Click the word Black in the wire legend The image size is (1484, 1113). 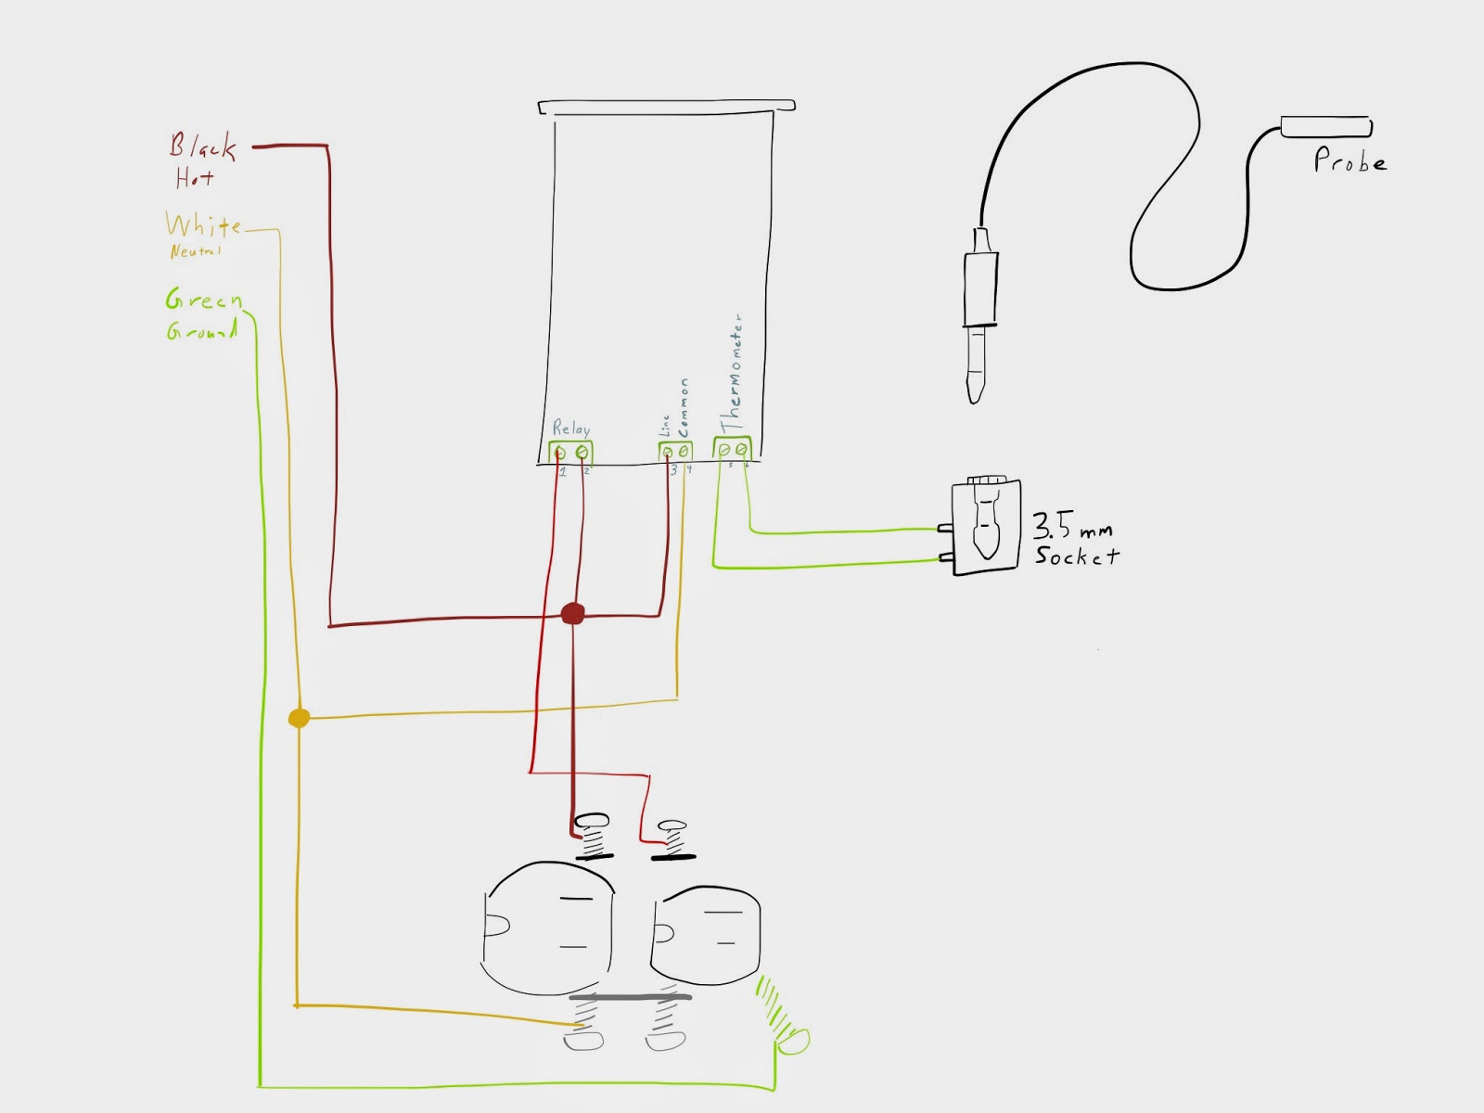(x=202, y=147)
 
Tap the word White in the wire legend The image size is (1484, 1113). (x=203, y=225)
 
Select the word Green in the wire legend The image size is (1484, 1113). (x=204, y=300)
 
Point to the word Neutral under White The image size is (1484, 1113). (x=195, y=251)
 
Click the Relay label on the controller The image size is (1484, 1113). (x=571, y=428)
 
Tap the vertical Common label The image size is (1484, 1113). (x=684, y=407)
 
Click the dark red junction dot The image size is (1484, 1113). (x=573, y=613)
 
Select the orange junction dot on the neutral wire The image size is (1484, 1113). (x=299, y=718)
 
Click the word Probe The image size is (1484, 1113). (x=1350, y=161)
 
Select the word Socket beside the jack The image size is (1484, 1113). (x=1077, y=556)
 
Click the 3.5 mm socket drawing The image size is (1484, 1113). (x=985, y=526)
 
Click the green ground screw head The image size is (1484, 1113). (x=793, y=1041)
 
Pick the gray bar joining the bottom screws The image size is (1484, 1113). (x=630, y=998)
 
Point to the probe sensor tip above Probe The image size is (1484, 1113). (x=1325, y=127)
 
